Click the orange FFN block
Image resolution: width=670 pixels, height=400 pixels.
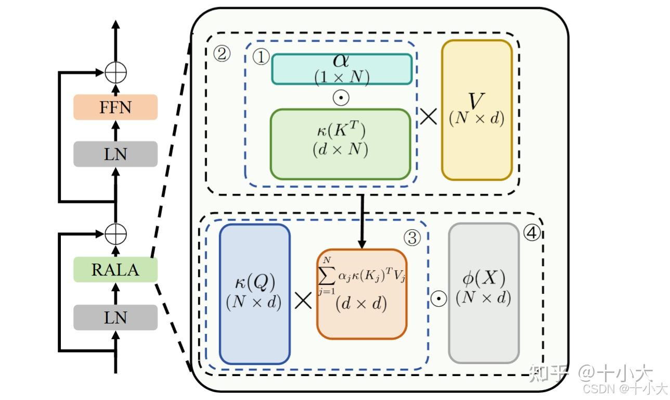[x=115, y=107]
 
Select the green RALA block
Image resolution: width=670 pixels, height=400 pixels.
[x=115, y=270]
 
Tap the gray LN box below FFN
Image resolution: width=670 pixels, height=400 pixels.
[x=115, y=154]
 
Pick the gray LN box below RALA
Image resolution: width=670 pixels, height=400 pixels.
[x=115, y=317]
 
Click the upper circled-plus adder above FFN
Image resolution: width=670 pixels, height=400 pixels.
[x=115, y=72]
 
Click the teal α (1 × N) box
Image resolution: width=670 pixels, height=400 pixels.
[x=341, y=69]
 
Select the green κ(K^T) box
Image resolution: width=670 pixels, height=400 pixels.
[x=340, y=144]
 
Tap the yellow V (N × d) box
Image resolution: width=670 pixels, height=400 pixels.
[x=476, y=110]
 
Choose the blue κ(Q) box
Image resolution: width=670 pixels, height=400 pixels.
[x=254, y=294]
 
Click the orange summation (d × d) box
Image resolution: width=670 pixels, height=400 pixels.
[x=361, y=294]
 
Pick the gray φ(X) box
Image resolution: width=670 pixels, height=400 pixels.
[x=483, y=293]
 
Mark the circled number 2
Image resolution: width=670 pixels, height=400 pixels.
[x=222, y=53]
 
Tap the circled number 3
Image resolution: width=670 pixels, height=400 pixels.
[x=411, y=238]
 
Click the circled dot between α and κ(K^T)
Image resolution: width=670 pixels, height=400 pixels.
[x=341, y=98]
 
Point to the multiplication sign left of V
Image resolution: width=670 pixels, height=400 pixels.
[x=428, y=117]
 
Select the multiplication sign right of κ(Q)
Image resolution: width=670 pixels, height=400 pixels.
[x=303, y=301]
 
